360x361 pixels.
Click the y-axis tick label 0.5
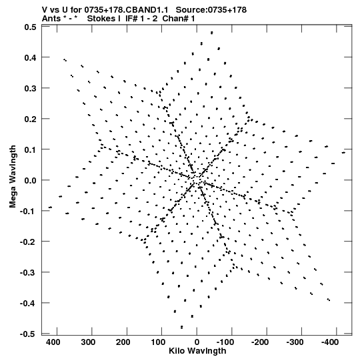pos(30,27)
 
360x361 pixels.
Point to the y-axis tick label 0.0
pos(30,180)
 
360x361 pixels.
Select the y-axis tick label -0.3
pos(28,273)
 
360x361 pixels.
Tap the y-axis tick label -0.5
pos(28,334)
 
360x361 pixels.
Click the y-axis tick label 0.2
pos(30,119)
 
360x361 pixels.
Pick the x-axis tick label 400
pos(53,342)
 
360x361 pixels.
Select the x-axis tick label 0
pos(197,342)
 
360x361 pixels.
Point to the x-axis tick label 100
pos(158,342)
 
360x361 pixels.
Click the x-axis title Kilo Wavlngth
pos(197,351)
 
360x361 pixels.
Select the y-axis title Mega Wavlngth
pos(13,177)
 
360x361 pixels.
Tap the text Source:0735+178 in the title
pos(211,9)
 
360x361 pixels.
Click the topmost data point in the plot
pos(212,33)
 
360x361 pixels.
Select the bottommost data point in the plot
pos(182,327)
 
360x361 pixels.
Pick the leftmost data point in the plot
pos(50,208)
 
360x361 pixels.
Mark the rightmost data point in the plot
pos(343,152)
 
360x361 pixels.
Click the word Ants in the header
pos(51,18)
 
